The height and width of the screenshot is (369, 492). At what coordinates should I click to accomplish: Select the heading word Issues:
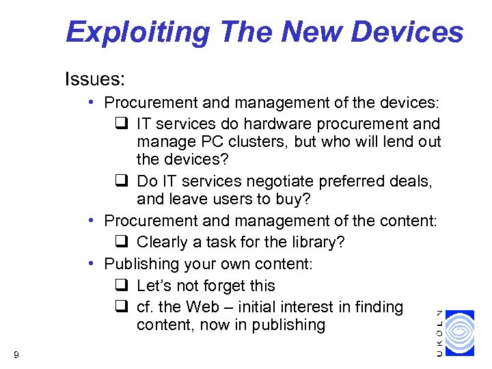point(94,80)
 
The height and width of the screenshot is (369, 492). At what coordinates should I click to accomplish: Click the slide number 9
point(16,354)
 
